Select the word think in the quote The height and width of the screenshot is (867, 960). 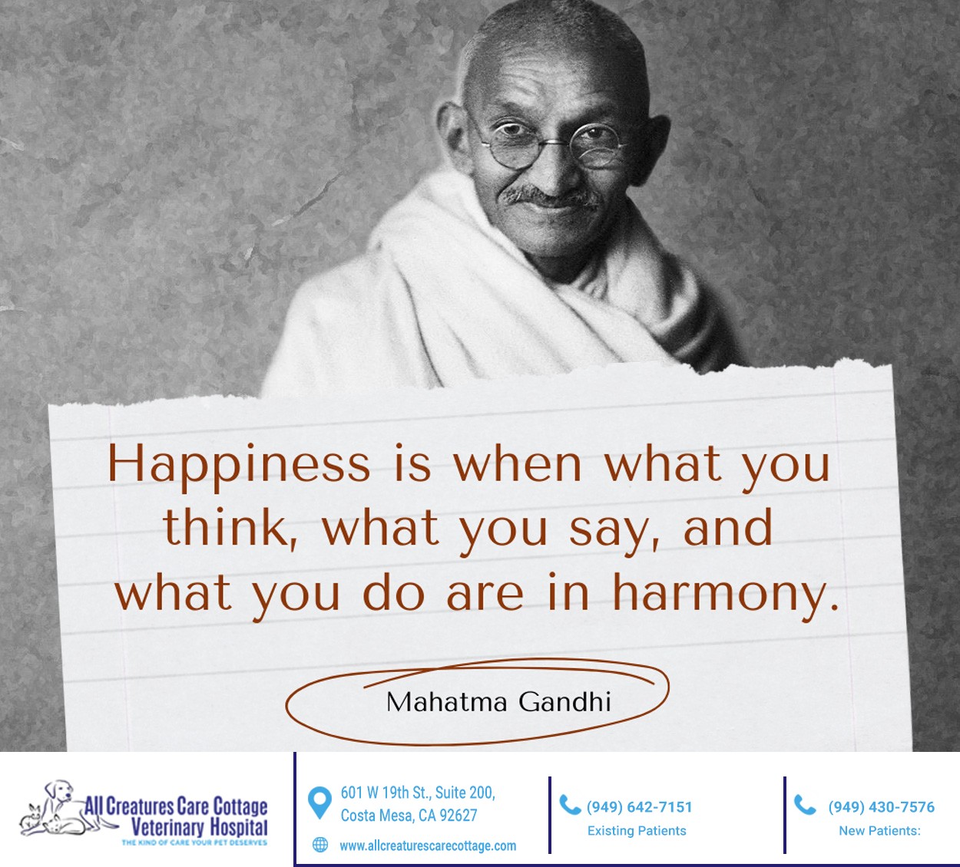tap(230, 527)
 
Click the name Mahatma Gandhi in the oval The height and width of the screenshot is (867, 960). tap(498, 702)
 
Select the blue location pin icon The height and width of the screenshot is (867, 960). tap(319, 803)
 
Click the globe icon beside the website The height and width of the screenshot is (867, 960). tap(320, 845)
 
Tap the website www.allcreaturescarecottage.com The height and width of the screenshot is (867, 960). tap(428, 846)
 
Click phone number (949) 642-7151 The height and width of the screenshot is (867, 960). tap(640, 807)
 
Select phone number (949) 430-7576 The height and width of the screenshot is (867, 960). tap(882, 807)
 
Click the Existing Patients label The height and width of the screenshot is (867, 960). tap(637, 831)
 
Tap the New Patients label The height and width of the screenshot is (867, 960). tap(879, 831)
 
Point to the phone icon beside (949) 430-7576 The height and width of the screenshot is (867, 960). tap(804, 805)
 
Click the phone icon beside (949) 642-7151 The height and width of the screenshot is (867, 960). tap(570, 804)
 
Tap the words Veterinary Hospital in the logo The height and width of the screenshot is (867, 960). tap(199, 827)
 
